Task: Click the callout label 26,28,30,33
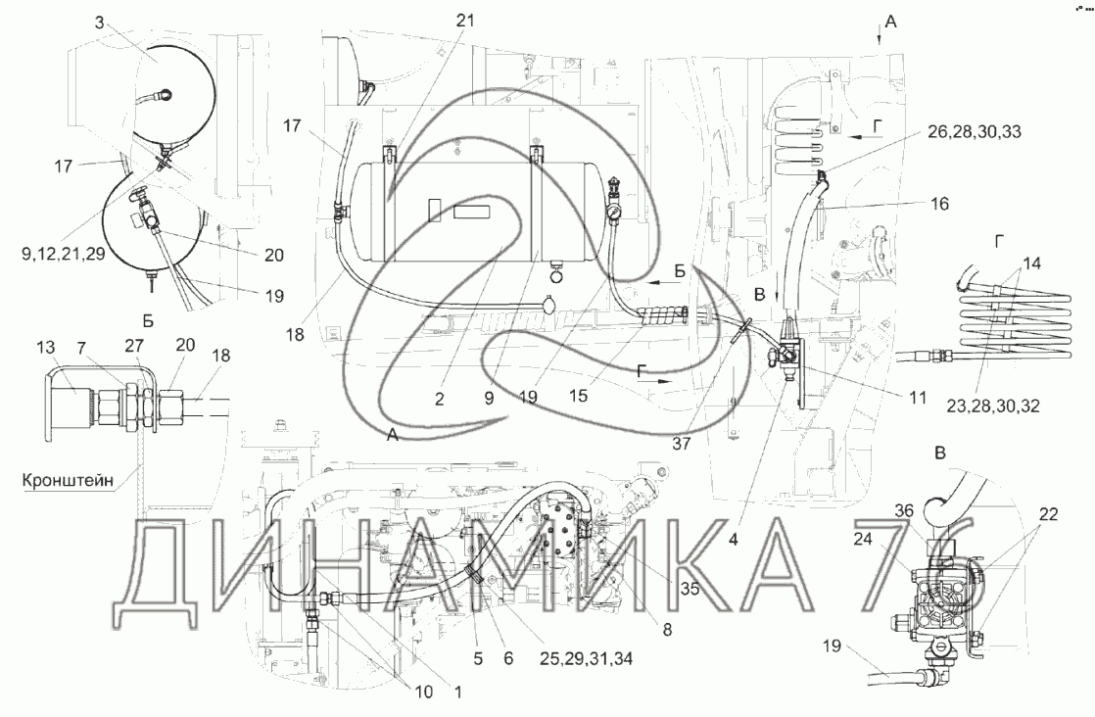[974, 130]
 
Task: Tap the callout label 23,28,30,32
[993, 405]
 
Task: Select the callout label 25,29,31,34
[586, 658]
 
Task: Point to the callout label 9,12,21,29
[63, 254]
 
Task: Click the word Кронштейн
[68, 481]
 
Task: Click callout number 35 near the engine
[690, 590]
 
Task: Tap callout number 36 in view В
[904, 511]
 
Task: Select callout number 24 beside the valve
[863, 539]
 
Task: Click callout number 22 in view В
[1048, 515]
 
